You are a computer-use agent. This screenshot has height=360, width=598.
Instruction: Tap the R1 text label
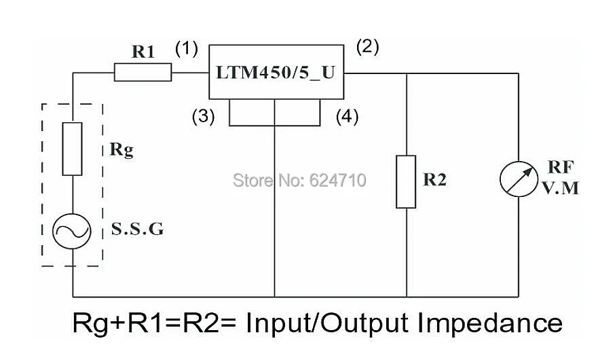pos(143,52)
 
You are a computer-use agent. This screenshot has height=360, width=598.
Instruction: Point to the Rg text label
pos(122,149)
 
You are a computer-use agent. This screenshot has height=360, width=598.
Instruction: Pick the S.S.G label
pos(137,229)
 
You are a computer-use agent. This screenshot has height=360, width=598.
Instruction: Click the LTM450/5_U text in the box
pos(276,72)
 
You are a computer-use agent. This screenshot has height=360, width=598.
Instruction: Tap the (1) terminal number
pos(187,49)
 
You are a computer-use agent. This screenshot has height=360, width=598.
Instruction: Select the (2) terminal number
pos(368,47)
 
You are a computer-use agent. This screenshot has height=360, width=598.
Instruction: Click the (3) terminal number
pos(203,116)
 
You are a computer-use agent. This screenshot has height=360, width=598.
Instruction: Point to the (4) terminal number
pos(347,116)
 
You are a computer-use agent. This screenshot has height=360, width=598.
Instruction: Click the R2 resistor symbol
pos(406,182)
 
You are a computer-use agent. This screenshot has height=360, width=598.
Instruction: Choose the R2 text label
pos(435,179)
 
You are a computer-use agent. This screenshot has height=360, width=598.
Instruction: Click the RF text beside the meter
pos(561,167)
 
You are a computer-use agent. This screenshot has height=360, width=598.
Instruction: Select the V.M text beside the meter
pos(561,188)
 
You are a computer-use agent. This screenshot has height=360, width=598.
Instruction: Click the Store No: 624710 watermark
pos(299,180)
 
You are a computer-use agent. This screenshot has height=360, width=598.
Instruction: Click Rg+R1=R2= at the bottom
pos(154,323)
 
